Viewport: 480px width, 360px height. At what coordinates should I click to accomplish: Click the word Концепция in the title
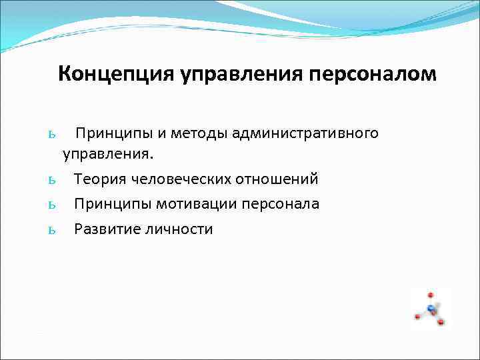[115, 74]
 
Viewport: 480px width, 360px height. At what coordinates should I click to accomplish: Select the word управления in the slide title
[243, 74]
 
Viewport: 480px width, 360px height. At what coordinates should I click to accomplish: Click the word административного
[315, 133]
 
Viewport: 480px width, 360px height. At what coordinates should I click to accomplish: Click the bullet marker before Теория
[51, 180]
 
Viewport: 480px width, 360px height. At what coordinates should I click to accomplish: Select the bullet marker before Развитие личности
[51, 230]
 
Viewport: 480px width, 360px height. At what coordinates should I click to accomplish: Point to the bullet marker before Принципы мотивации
[51, 205]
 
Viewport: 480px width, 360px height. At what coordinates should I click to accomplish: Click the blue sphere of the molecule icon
[431, 308]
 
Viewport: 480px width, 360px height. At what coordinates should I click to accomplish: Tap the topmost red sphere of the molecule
[430, 294]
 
